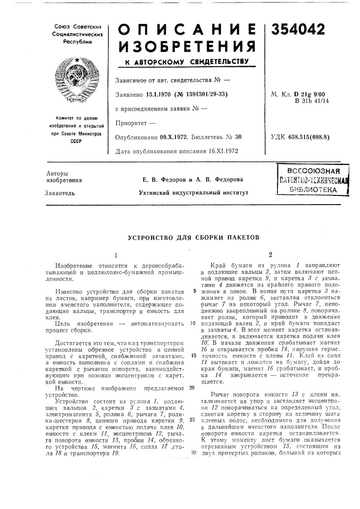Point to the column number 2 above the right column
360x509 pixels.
point(271,254)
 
